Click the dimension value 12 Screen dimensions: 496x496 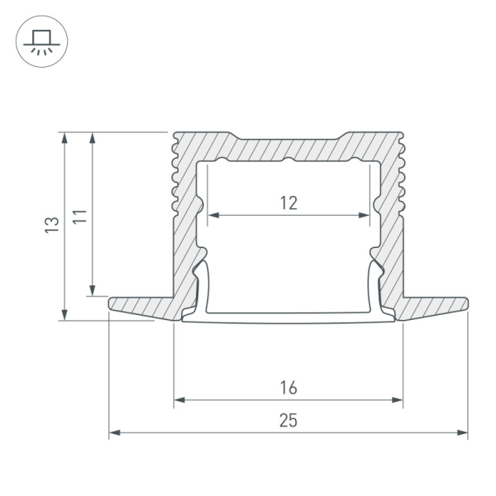[x=289, y=203]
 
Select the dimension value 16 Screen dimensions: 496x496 [x=289, y=388]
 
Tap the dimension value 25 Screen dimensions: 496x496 [x=289, y=421]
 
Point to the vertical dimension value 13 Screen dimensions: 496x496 [x=52, y=225]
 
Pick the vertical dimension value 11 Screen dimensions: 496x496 [x=79, y=217]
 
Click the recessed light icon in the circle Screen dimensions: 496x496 [x=42, y=42]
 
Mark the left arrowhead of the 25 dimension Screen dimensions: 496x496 [x=114, y=432]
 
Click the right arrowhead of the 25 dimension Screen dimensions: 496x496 [x=462, y=432]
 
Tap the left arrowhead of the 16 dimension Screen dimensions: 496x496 [x=179, y=400]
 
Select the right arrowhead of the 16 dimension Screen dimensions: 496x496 [x=398, y=400]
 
